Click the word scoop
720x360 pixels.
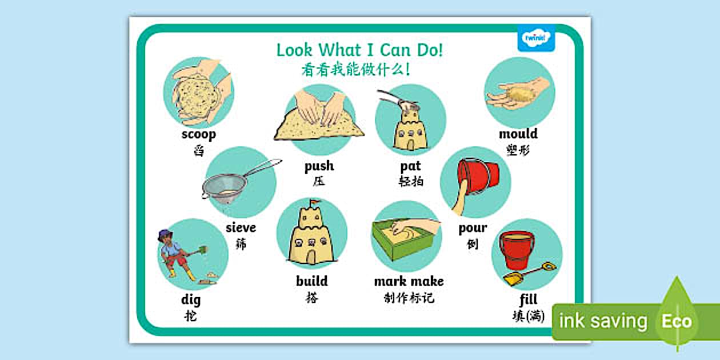199,134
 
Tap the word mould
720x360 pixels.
518,134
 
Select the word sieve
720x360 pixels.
241,228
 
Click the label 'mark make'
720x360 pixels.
409,281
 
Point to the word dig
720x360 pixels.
191,299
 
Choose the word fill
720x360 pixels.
529,299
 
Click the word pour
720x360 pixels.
473,228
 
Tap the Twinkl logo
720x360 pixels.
536,38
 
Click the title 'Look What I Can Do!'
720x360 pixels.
359,50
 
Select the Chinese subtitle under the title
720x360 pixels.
355,70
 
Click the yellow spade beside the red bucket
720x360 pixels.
529,274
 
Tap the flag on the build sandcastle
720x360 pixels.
314,202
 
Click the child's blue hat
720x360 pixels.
165,235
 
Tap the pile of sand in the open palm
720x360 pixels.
519,95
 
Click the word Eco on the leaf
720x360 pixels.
677,321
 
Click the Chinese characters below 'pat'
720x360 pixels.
411,182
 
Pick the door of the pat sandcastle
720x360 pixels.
410,145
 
